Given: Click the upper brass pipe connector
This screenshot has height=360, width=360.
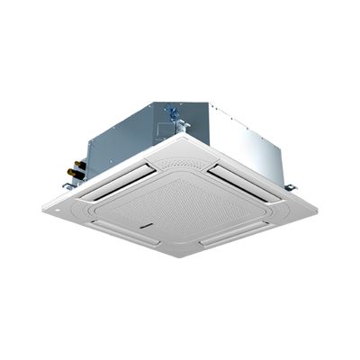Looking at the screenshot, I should (x=78, y=163).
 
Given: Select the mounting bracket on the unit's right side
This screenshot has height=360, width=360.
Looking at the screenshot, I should (x=290, y=187).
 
